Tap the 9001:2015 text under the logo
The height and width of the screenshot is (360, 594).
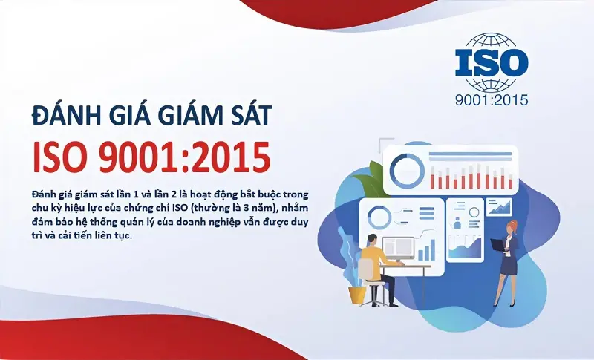click(492, 99)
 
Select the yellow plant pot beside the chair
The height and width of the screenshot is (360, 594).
click(357, 294)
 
